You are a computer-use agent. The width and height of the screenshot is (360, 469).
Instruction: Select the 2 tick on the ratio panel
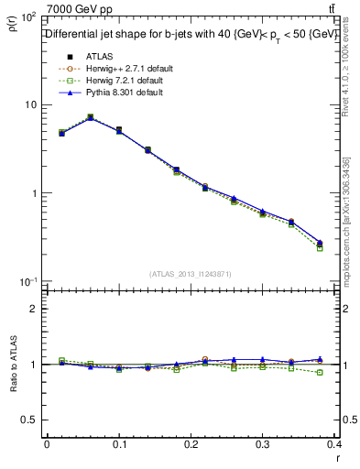coord(32,309)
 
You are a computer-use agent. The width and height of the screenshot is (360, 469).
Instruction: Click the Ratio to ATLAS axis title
coord(12,366)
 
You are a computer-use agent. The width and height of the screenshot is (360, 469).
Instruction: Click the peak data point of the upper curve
coord(90,117)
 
